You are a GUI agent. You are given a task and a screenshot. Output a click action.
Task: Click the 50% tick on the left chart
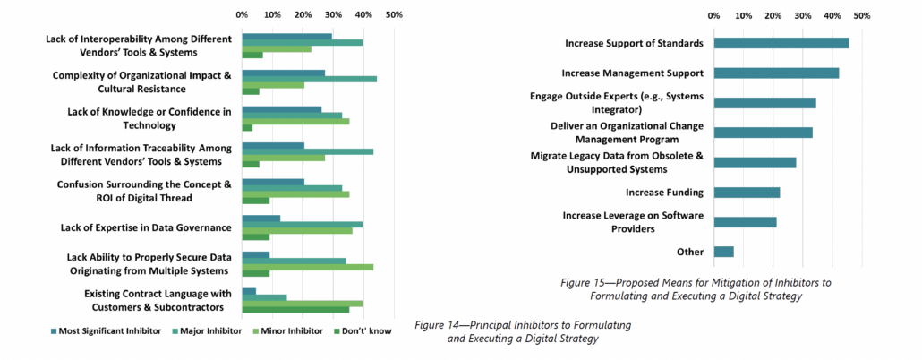coord(394,15)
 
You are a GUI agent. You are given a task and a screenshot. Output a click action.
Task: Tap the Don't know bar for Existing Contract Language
coord(295,310)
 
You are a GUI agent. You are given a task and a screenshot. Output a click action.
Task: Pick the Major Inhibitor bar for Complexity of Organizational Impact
coord(309,79)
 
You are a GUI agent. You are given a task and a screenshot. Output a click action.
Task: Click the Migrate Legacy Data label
coord(617,162)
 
